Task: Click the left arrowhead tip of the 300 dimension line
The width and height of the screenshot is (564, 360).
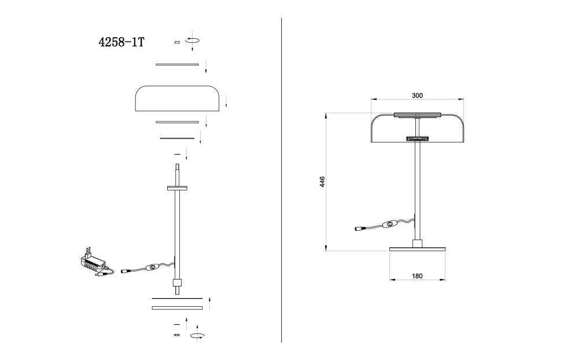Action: click(371, 99)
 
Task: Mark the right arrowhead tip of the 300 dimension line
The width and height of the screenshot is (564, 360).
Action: click(464, 99)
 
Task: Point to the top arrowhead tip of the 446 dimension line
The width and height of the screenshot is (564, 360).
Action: click(326, 113)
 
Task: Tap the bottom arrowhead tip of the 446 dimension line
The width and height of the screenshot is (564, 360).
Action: click(326, 251)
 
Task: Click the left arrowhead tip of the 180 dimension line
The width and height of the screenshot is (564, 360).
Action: click(390, 280)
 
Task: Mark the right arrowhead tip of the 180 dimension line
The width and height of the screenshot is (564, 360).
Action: click(445, 280)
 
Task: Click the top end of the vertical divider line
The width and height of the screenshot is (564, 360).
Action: click(281, 18)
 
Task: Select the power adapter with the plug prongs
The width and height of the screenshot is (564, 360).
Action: click(94, 263)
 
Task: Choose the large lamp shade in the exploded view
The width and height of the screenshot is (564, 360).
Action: click(177, 98)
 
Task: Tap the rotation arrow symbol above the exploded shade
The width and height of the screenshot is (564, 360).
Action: click(192, 41)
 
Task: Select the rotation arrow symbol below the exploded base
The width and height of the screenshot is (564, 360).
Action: click(197, 336)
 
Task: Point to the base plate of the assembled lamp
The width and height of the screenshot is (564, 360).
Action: click(418, 249)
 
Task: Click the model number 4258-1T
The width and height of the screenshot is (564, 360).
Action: click(121, 42)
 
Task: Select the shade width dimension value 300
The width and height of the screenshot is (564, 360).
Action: click(417, 95)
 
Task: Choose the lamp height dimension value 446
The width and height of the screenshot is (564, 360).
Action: click(322, 182)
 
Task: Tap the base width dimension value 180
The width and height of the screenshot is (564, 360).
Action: click(417, 276)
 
